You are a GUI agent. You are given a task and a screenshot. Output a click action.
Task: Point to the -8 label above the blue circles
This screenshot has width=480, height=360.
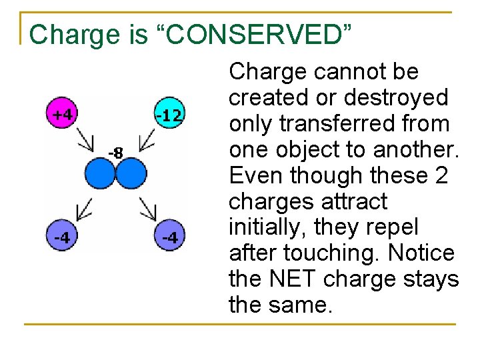(115, 153)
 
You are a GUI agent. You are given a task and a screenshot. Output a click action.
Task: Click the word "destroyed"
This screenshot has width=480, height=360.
(397, 98)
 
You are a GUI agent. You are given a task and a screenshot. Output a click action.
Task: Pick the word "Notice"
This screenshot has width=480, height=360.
(419, 254)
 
